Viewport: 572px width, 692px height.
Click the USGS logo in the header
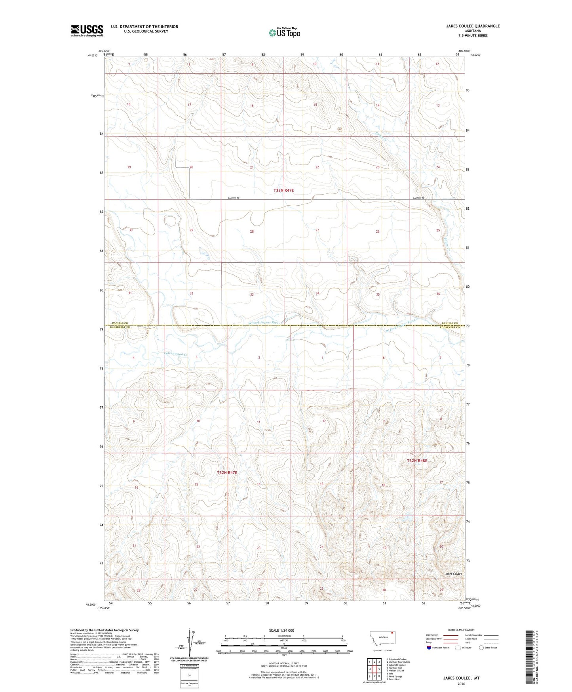pyautogui.click(x=87, y=31)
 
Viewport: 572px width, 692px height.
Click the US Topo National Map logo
pyautogui.click(x=284, y=32)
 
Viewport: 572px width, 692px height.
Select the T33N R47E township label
pyautogui.click(x=283, y=191)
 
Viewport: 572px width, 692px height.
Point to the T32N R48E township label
pyautogui.click(x=417, y=461)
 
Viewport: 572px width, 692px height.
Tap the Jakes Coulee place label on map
pyautogui.click(x=453, y=573)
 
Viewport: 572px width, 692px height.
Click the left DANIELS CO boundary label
pyautogui.click(x=120, y=323)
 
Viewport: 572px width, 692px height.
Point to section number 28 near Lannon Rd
pyautogui.click(x=252, y=231)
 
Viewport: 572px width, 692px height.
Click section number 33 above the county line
pyautogui.click(x=252, y=294)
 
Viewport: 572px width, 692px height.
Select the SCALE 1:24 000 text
pyautogui.click(x=281, y=630)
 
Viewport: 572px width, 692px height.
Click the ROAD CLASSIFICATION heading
pyautogui.click(x=461, y=630)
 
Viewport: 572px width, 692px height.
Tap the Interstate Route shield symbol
pyautogui.click(x=429, y=648)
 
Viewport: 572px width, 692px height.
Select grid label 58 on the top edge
pyautogui.click(x=263, y=54)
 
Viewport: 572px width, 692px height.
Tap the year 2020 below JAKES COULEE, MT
pyautogui.click(x=461, y=684)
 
